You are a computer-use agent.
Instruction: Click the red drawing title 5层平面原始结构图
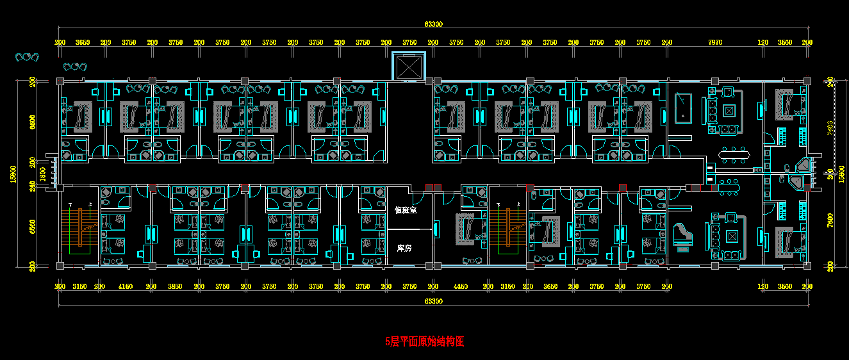coord(424,342)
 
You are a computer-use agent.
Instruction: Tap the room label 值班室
coord(406,209)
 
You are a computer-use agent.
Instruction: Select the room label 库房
coord(404,248)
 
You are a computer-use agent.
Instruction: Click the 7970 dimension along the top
coord(715,43)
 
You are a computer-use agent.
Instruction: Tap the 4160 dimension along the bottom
coord(126,287)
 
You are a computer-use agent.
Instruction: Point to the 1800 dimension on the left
coord(43,174)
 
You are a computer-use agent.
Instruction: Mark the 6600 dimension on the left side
coord(32,122)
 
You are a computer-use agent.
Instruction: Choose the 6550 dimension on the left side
coord(32,225)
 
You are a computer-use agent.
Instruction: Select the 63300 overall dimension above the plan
coord(433,24)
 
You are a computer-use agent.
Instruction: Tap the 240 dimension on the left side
coord(33,186)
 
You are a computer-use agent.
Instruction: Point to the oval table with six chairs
coord(733,154)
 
